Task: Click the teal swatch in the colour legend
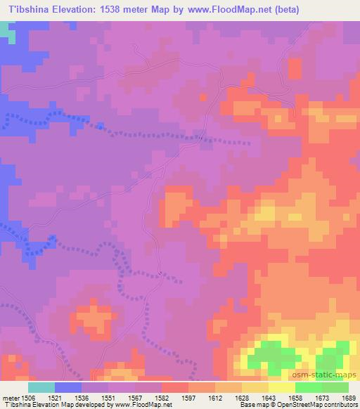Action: pos(41,387)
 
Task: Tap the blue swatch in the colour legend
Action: pos(68,387)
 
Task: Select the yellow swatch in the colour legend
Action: pos(282,387)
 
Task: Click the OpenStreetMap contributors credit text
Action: pos(322,405)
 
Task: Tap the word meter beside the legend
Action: pos(10,397)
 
